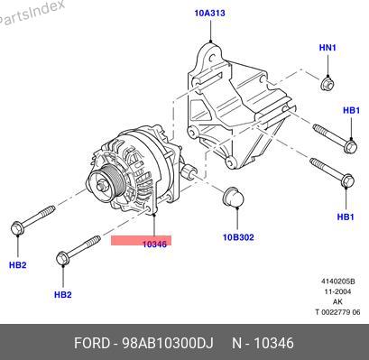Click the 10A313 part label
[x=209, y=13]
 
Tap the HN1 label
[x=327, y=48]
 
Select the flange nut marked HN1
[x=327, y=84]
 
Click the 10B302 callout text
[x=238, y=237]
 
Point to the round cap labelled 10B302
[x=233, y=198]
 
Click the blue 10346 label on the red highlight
[x=154, y=245]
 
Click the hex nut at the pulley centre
[x=101, y=186]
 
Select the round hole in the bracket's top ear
[x=212, y=57]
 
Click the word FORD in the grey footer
[x=92, y=343]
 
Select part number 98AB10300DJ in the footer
[x=168, y=343]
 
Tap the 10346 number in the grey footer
[x=273, y=343]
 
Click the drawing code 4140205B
[x=338, y=282]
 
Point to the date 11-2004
[x=337, y=291]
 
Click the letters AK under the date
[x=337, y=301]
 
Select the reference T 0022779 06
[x=337, y=312]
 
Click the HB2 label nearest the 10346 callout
[x=63, y=294]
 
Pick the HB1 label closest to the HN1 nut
[x=351, y=110]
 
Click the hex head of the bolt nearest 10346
[x=63, y=259]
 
